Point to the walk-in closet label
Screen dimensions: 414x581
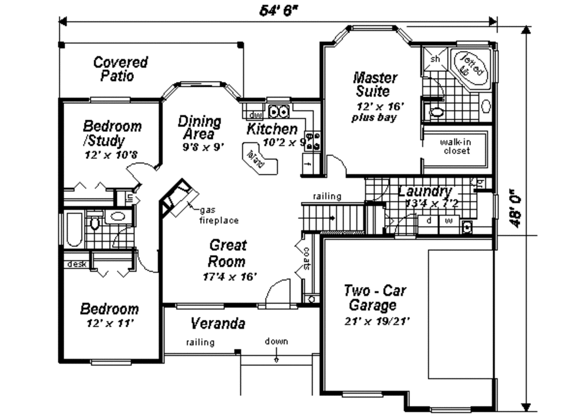click(456, 146)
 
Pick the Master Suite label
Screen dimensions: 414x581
click(374, 84)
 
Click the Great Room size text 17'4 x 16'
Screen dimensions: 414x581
click(230, 277)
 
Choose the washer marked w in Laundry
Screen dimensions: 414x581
click(448, 220)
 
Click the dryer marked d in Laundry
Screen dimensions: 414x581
click(428, 220)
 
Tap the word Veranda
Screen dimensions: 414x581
click(217, 324)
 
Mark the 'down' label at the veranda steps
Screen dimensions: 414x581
click(276, 341)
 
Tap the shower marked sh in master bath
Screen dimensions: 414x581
click(436, 58)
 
